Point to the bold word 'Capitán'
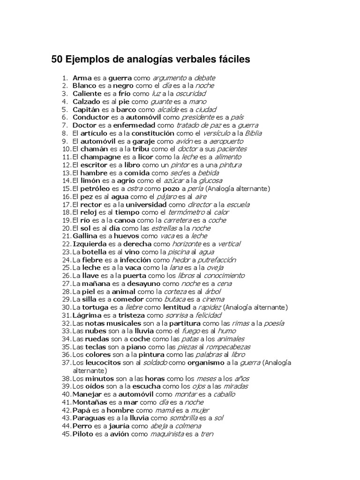(x=86, y=109)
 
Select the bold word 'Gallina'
(x=86, y=236)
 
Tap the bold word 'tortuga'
(x=95, y=307)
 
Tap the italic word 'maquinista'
(x=167, y=434)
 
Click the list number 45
(x=66, y=434)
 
